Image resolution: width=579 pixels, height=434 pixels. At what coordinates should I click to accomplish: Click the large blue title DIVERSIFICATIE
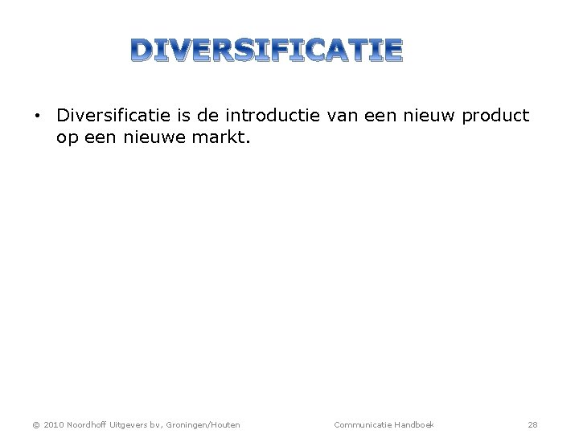[x=267, y=50]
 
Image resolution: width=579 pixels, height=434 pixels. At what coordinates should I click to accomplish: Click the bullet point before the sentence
[x=37, y=117]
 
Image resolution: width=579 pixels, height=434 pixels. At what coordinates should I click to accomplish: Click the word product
[x=495, y=116]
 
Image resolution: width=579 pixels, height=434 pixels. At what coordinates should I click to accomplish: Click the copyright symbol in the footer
[x=36, y=424]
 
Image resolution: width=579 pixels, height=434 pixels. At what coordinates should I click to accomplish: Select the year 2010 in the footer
[x=54, y=424]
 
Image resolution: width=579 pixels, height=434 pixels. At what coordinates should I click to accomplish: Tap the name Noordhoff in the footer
[x=89, y=424]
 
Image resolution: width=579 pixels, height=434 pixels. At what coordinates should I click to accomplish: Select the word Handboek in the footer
[x=414, y=424]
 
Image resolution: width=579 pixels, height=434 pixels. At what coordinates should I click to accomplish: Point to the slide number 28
[x=532, y=424]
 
